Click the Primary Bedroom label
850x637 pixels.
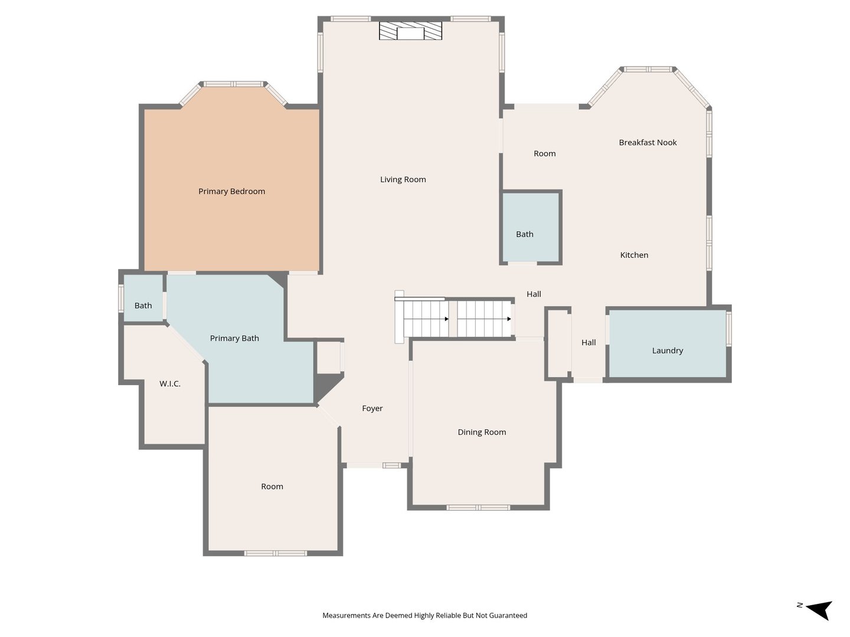[231, 191]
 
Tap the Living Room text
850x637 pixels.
[403, 179]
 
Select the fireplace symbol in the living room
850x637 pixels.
[410, 31]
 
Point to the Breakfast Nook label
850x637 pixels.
[648, 142]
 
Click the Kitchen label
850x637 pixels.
[634, 255]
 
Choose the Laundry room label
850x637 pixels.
[667, 351]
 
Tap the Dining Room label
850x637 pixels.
[482, 432]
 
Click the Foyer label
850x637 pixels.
[372, 408]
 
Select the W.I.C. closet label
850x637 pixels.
[170, 383]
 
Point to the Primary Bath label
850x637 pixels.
[234, 339]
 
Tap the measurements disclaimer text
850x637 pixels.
[425, 615]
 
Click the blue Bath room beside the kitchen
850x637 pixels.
[531, 228]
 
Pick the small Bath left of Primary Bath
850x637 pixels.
[143, 298]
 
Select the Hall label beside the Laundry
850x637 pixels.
[589, 342]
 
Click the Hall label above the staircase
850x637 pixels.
[534, 294]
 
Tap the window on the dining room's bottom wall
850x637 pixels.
[478, 507]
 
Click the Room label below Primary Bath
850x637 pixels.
[272, 487]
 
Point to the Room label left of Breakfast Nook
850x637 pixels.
[544, 153]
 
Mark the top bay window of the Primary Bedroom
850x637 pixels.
[234, 84]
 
